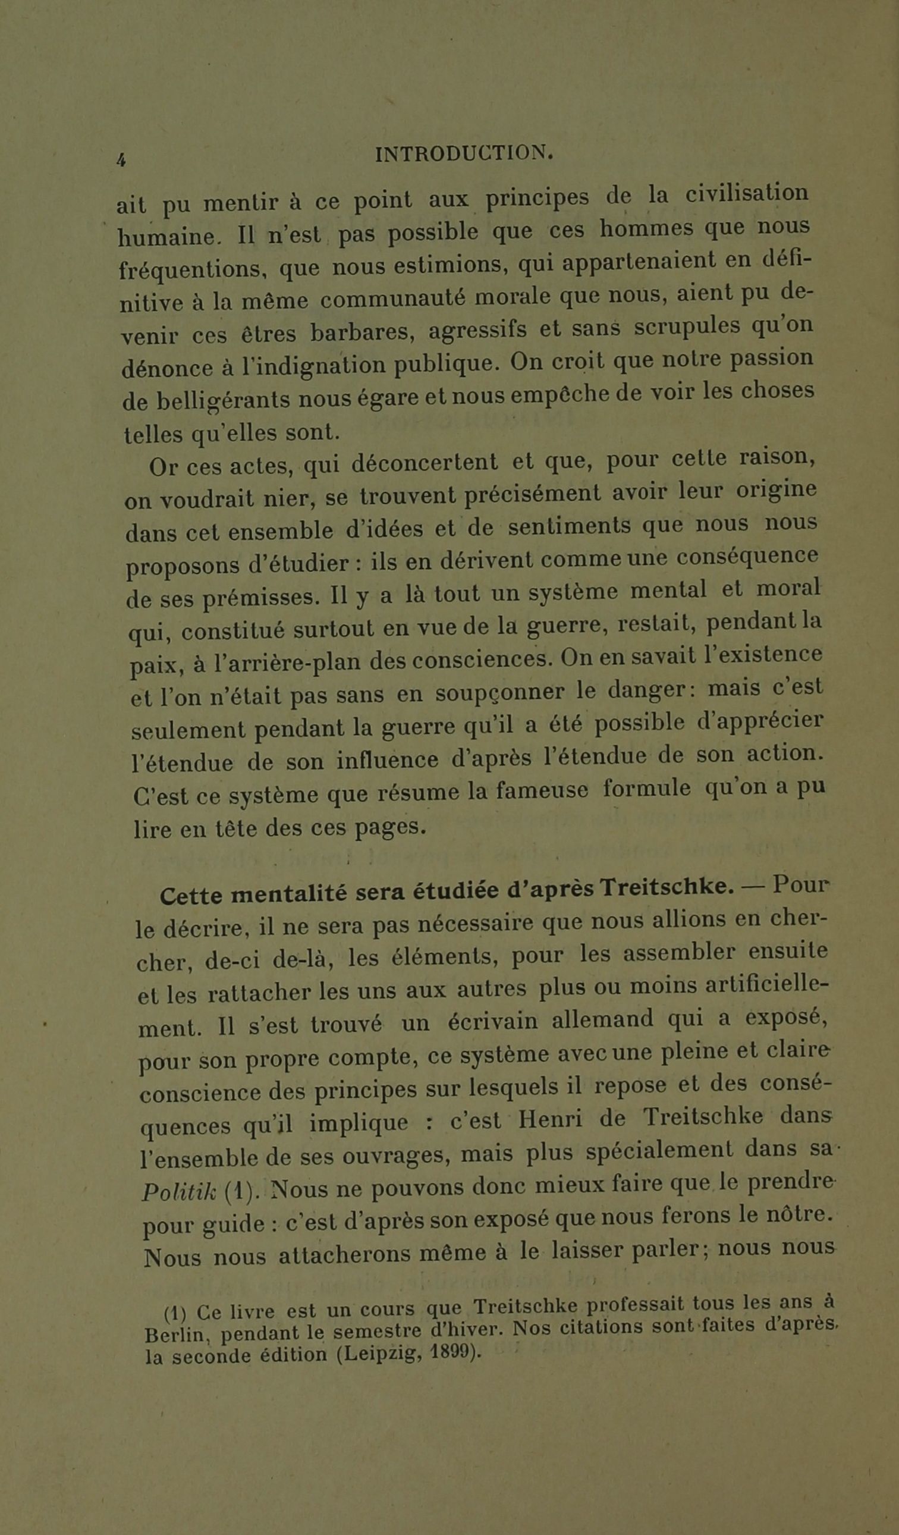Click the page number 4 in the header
[x=121, y=159]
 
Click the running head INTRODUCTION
[x=465, y=153]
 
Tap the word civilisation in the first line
[x=747, y=194]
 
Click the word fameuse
[x=542, y=791]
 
